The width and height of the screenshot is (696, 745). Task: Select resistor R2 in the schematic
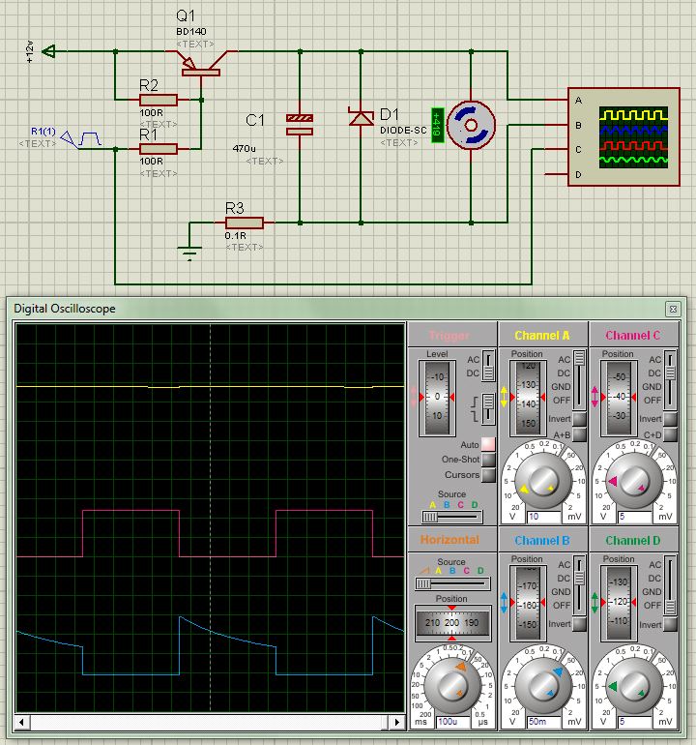[158, 99]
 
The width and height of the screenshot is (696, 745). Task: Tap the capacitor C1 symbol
[300, 124]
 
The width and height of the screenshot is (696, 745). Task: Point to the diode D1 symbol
[362, 117]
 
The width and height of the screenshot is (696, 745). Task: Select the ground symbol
[189, 253]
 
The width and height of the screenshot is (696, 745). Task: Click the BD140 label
[191, 31]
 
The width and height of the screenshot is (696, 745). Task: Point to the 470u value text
[244, 148]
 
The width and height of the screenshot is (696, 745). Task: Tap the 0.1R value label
[235, 235]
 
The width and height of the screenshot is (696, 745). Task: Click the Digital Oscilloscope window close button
[673, 309]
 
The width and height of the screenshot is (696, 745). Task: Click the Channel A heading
[542, 336]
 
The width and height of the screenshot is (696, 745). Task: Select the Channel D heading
[634, 540]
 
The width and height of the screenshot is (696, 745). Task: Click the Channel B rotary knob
[542, 684]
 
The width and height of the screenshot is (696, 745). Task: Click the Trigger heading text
[449, 336]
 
